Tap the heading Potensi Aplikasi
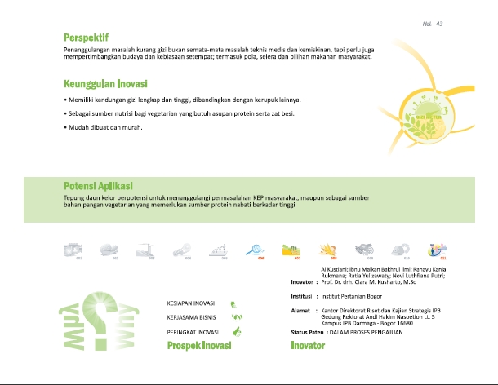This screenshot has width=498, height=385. click(98, 186)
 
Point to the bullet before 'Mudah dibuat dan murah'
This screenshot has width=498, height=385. click(65, 130)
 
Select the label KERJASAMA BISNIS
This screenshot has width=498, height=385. click(190, 316)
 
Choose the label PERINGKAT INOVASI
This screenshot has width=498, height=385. click(191, 331)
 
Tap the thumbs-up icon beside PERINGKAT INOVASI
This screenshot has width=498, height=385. click(237, 331)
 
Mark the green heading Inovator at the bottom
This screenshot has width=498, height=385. click(308, 346)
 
